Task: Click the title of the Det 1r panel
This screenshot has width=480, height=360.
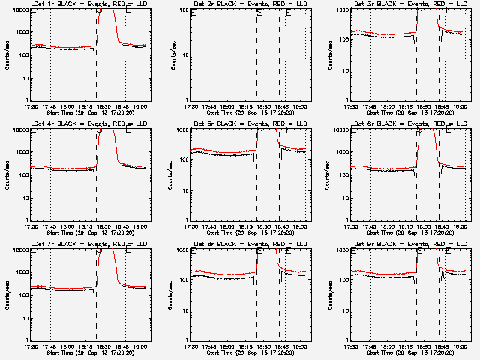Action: click(x=88, y=5)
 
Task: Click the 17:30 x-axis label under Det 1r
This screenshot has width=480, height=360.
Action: click(x=31, y=106)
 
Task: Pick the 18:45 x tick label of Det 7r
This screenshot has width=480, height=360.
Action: click(x=122, y=346)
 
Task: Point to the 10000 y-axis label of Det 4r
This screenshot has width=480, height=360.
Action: click(x=19, y=130)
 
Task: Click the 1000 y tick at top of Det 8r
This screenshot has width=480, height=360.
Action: click(x=181, y=250)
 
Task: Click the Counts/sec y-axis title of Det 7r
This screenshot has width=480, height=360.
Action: click(x=7, y=294)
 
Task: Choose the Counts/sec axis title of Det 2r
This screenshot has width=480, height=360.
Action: click(x=173, y=55)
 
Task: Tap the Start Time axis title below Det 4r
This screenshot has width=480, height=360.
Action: click(x=88, y=232)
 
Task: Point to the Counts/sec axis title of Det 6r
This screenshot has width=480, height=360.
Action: click(x=328, y=175)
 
